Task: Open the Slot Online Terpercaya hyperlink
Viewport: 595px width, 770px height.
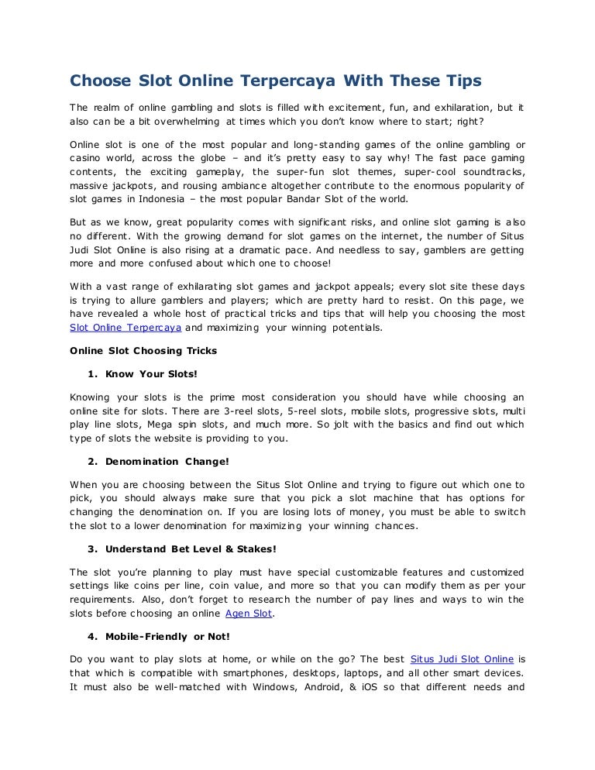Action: click(126, 328)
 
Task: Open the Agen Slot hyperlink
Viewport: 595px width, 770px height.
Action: click(249, 614)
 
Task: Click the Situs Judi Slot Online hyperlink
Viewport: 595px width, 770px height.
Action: click(461, 658)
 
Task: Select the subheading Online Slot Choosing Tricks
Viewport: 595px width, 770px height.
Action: click(143, 350)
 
